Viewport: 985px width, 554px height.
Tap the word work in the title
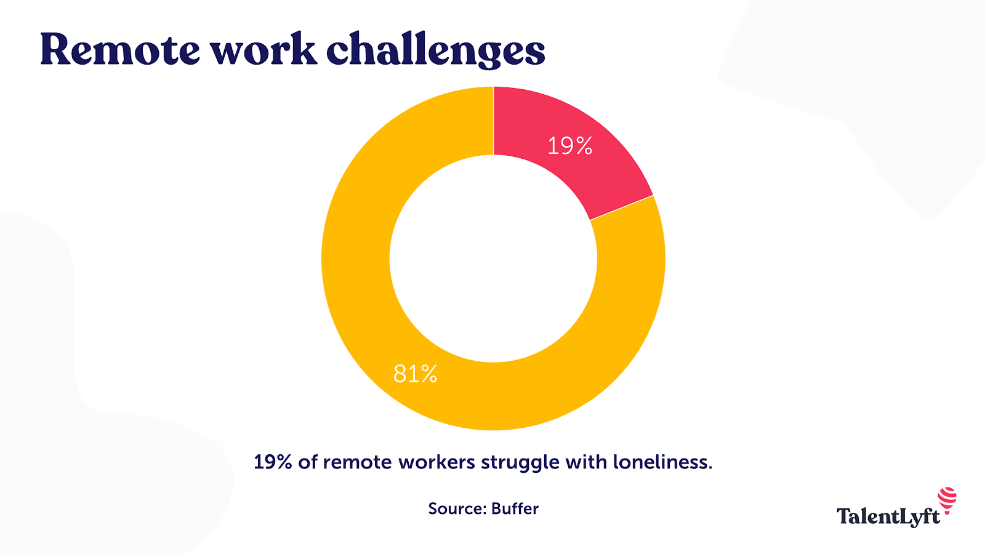(x=263, y=49)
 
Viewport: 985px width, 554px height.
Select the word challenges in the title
(x=435, y=50)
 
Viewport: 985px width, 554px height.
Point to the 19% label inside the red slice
(x=570, y=146)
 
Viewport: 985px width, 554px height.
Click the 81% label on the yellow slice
(x=416, y=374)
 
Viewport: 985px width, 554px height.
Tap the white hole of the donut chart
(x=493, y=259)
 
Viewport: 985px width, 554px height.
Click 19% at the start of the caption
(x=272, y=462)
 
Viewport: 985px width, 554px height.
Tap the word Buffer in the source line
(x=515, y=508)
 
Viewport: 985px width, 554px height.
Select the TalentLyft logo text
(x=888, y=516)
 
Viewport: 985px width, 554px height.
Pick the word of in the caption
(x=307, y=462)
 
